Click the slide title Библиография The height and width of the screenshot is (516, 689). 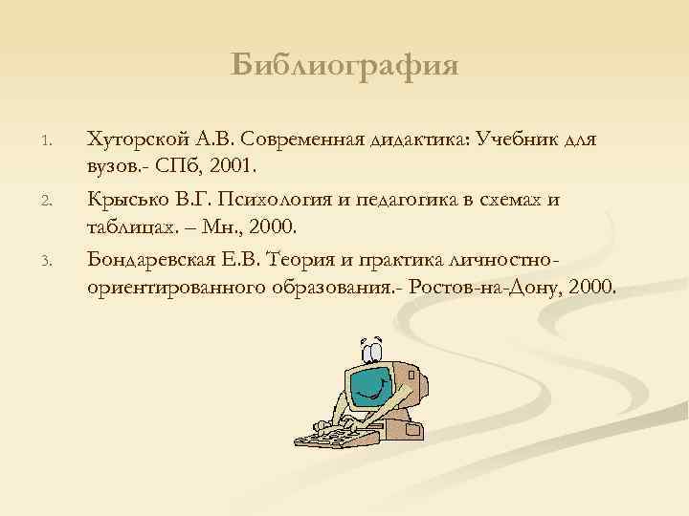344,65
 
